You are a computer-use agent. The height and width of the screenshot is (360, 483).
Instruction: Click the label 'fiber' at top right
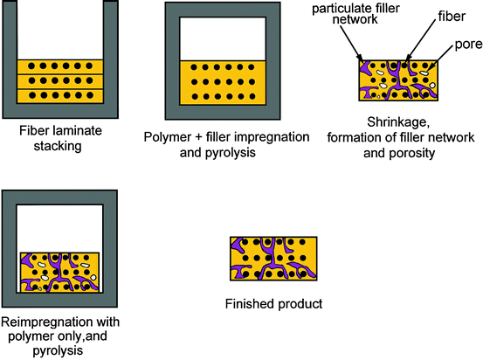coord(452,17)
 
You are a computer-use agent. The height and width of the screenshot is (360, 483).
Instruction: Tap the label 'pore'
coord(468,45)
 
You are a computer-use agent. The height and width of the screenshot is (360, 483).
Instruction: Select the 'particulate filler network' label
coord(355,14)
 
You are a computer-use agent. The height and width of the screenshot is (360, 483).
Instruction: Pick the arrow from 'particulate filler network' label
coord(351,43)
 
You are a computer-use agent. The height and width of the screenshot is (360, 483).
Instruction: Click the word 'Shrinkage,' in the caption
coord(398,122)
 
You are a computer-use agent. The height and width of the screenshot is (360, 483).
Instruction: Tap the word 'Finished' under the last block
coord(248,304)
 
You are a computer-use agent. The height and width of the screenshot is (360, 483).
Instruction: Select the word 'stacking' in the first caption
coord(58,147)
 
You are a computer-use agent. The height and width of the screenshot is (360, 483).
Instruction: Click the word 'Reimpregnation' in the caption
coord(45,322)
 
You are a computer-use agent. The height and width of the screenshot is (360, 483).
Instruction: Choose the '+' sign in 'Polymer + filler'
coord(197,137)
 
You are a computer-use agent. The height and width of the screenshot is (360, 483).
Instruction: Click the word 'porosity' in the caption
coord(412,154)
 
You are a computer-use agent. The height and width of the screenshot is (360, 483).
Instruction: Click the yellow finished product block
coord(273,259)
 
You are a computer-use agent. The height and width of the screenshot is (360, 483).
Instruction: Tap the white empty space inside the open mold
coord(60,30)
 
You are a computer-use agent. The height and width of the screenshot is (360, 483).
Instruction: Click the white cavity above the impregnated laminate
coord(223,38)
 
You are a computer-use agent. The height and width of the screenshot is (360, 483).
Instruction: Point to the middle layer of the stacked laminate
coord(60,81)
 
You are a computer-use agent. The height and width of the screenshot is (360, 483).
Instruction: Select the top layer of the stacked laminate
coord(60,67)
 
